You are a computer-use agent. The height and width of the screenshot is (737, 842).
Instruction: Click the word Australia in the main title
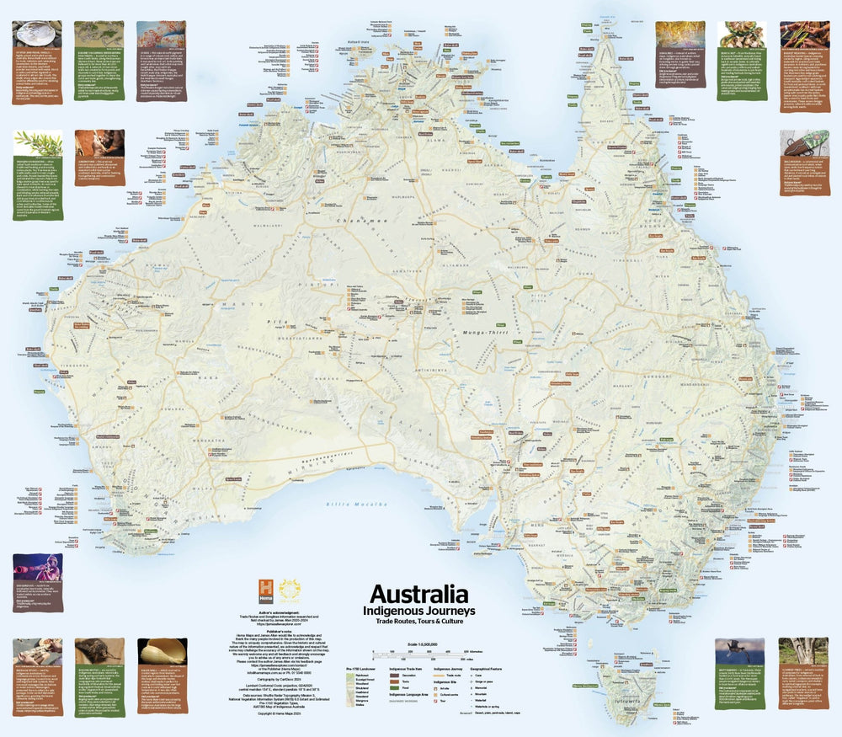click(x=418, y=594)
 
